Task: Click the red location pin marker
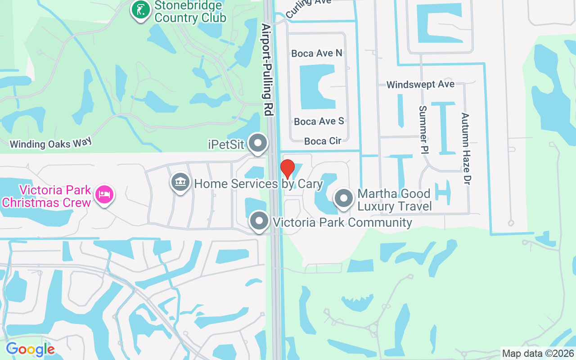pyautogui.click(x=288, y=169)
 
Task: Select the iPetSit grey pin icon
pyautogui.click(x=258, y=144)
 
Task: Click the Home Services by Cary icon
pyautogui.click(x=180, y=183)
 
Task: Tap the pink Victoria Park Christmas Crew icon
pyautogui.click(x=104, y=195)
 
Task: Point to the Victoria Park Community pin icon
pyautogui.click(x=259, y=221)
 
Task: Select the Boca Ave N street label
pyautogui.click(x=317, y=53)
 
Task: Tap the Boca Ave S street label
pyautogui.click(x=319, y=121)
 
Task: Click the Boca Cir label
pyautogui.click(x=323, y=141)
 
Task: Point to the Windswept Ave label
pyautogui.click(x=420, y=84)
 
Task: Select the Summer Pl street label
pyautogui.click(x=423, y=130)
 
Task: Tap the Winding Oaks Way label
pyautogui.click(x=50, y=143)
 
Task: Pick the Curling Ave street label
pyautogui.click(x=308, y=8)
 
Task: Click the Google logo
pyautogui.click(x=30, y=349)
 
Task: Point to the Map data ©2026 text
pyautogui.click(x=538, y=353)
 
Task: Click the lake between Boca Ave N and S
pyautogui.click(x=317, y=87)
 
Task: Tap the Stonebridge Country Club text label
pyautogui.click(x=190, y=12)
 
